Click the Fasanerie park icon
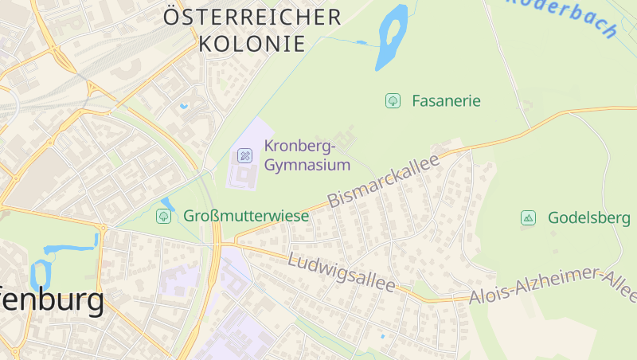(x=393, y=101)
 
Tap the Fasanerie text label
(x=446, y=101)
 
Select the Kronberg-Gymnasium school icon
(x=245, y=155)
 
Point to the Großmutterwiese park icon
(x=164, y=216)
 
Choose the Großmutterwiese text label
(x=235, y=216)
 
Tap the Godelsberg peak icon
(x=528, y=217)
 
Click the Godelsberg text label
(x=589, y=217)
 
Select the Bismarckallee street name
(x=385, y=182)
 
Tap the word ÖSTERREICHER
(x=252, y=17)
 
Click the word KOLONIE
(x=252, y=44)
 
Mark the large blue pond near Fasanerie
(x=391, y=36)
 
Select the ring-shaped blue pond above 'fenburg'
(x=40, y=275)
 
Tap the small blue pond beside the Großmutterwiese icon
(x=168, y=204)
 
